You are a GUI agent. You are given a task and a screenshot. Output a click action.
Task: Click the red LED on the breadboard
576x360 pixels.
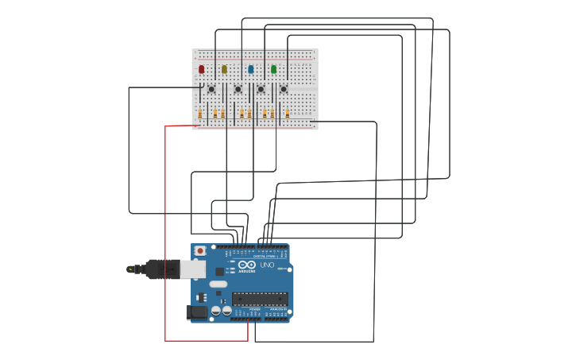[202, 70]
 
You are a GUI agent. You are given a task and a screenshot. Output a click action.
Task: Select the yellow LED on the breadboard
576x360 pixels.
[225, 70]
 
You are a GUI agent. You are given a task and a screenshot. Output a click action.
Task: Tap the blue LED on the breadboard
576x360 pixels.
[251, 70]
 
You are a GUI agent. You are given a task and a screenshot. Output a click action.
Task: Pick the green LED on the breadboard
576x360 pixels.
[274, 70]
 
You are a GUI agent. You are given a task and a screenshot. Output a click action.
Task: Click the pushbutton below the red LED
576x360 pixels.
[211, 89]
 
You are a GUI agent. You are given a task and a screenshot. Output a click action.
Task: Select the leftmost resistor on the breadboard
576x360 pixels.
[200, 114]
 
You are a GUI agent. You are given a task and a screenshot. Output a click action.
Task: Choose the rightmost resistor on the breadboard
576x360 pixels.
[288, 114]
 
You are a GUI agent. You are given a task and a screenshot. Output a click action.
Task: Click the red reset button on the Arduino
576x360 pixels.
[200, 251]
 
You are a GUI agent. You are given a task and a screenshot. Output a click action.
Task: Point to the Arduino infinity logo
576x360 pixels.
[247, 265]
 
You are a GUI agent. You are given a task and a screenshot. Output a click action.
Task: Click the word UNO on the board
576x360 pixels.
[267, 265]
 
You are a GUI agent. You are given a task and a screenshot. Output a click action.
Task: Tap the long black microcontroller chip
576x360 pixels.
[260, 299]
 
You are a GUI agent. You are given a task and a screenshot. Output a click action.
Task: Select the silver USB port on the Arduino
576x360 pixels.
[193, 269]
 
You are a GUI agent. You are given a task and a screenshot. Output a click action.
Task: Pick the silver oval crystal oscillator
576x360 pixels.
[218, 284]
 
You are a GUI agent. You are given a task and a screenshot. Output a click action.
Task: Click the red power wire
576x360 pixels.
[165, 238]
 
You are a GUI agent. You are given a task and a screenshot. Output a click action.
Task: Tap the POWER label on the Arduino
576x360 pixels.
[253, 308]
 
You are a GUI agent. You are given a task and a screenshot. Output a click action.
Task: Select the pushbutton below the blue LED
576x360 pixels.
[261, 89]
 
